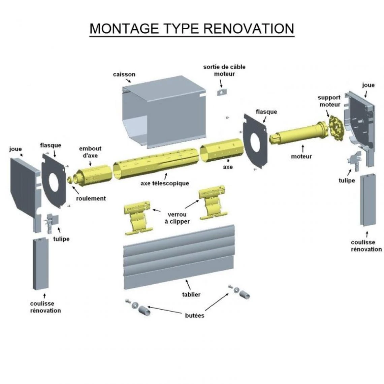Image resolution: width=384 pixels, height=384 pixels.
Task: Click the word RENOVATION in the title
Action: coord(249,28)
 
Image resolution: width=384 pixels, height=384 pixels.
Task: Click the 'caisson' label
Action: coord(124,74)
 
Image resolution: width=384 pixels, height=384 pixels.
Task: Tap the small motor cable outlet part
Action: coord(221,92)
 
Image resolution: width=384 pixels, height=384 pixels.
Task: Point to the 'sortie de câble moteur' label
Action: coord(224,70)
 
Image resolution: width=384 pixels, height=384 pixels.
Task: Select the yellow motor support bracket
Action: coord(335,128)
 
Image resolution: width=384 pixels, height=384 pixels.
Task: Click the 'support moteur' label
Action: coord(329,101)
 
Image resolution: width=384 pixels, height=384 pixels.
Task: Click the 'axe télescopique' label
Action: coord(165,184)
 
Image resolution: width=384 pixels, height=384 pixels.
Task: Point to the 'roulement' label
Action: coord(91,198)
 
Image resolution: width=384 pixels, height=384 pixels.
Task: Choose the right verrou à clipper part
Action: coord(212,202)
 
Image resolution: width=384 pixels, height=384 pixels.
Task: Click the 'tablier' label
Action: coord(191,294)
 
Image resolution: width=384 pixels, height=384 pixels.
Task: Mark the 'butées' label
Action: coord(194,316)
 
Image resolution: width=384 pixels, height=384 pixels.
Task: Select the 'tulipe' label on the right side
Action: coord(347,181)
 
